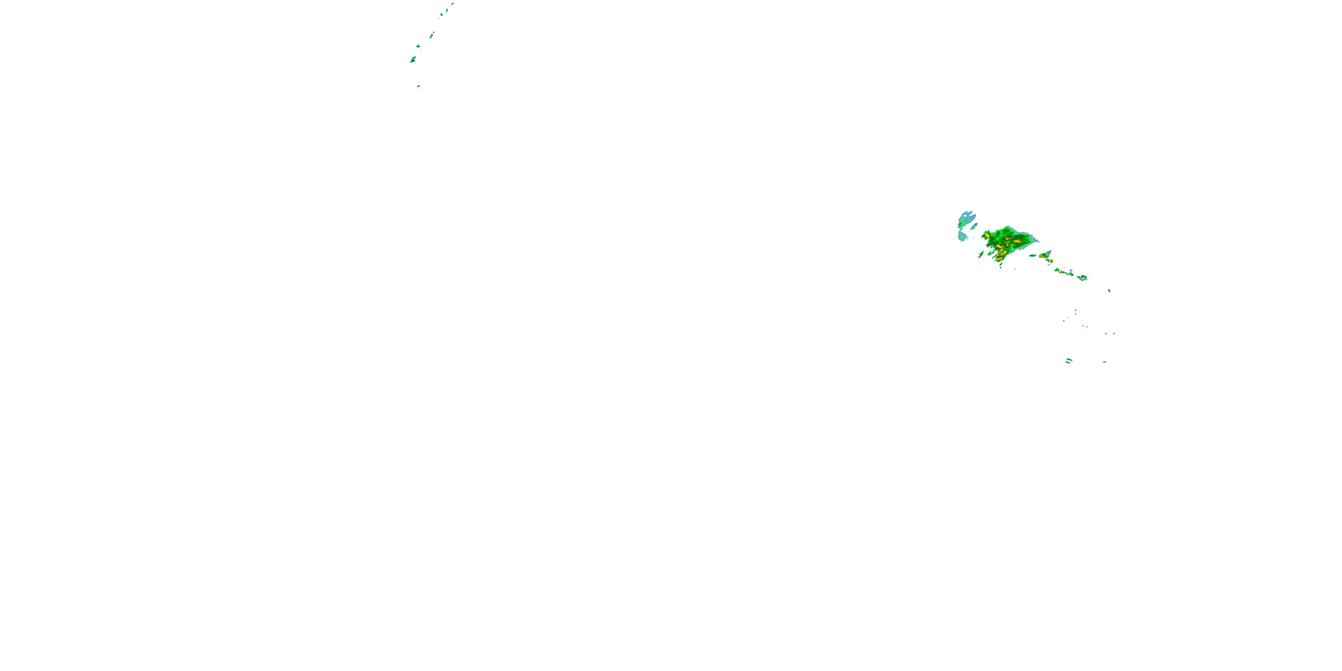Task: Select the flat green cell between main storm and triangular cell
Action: click(1032, 256)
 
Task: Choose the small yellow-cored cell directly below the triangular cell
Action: click(1049, 262)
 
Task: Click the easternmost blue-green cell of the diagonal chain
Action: click(1083, 278)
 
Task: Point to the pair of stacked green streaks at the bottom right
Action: click(1069, 361)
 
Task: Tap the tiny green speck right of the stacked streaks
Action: click(1104, 362)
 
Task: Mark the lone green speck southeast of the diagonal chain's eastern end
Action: click(1109, 290)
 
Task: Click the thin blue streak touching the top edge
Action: click(452, 4)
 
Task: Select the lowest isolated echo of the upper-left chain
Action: click(418, 86)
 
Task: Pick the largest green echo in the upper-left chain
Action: click(412, 60)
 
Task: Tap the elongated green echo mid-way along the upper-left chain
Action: click(432, 35)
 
